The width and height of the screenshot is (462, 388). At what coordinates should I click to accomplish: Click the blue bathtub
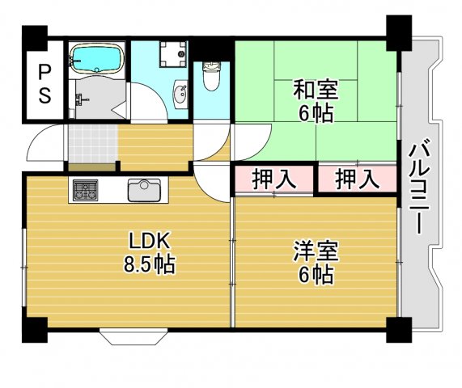pos(96,58)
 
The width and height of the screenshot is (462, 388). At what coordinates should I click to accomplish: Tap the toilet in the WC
pos(211,77)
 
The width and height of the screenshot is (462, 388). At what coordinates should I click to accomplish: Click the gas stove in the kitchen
pos(85,190)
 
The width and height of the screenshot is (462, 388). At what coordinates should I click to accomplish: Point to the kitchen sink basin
pos(144,190)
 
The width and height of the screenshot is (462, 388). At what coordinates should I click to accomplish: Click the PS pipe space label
pos(45,83)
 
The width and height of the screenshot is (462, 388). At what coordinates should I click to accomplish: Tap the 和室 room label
pos(316,90)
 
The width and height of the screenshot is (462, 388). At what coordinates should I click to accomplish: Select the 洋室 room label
pos(316,251)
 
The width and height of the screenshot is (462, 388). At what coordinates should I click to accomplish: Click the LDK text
pos(150,241)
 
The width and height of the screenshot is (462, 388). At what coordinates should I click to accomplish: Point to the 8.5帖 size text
pos(150,264)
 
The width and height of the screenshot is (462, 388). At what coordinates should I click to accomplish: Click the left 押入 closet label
pos(273,179)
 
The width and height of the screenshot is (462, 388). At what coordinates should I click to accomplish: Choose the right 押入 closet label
pos(357,179)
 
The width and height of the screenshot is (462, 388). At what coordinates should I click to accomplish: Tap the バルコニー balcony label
pos(420,186)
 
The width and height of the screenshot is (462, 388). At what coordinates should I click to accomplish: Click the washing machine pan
pos(173,54)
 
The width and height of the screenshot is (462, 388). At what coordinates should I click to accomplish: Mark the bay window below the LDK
pos(134,336)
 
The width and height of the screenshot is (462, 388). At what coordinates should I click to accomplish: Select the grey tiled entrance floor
pos(93,143)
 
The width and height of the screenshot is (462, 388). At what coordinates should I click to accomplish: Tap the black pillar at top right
pos(399,32)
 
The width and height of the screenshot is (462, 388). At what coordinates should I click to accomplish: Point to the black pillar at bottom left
pos(35,330)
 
